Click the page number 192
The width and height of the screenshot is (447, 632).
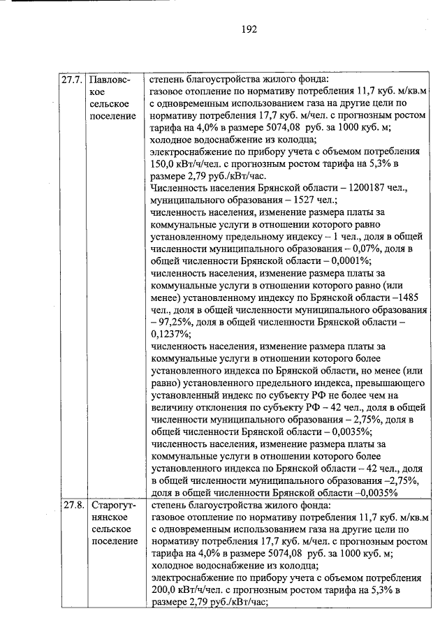249,29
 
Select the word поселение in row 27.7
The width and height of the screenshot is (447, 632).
113,115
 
